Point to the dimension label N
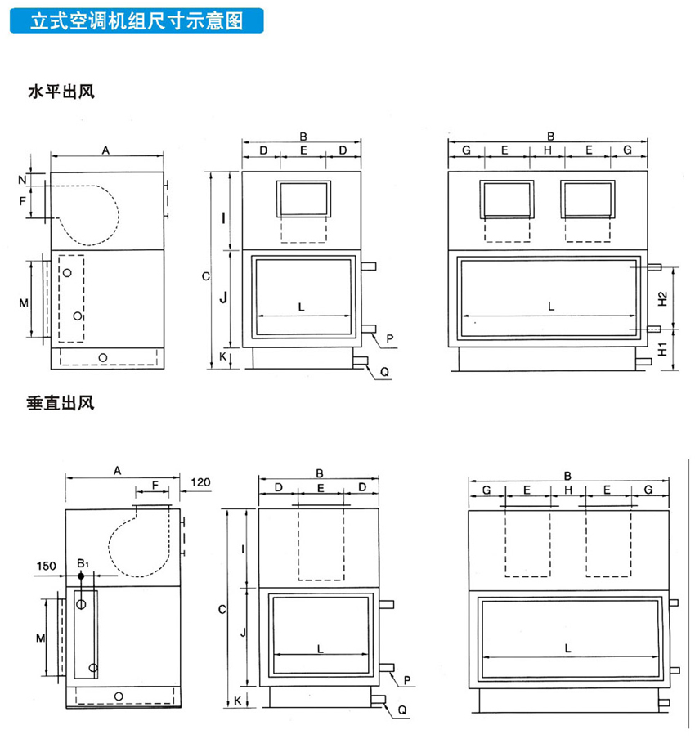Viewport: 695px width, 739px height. [x=22, y=177]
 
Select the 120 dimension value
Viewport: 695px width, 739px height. [x=200, y=482]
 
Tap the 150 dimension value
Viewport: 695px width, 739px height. [x=47, y=565]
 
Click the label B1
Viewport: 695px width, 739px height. [x=82, y=563]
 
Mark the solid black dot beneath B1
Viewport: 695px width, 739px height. [x=80, y=576]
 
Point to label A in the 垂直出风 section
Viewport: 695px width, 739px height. [x=118, y=471]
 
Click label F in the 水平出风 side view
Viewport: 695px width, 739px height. [x=22, y=199]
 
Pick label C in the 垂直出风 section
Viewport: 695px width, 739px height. [x=212, y=609]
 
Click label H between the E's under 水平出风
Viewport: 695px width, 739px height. [x=549, y=150]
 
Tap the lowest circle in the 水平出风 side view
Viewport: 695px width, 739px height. [x=103, y=357]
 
